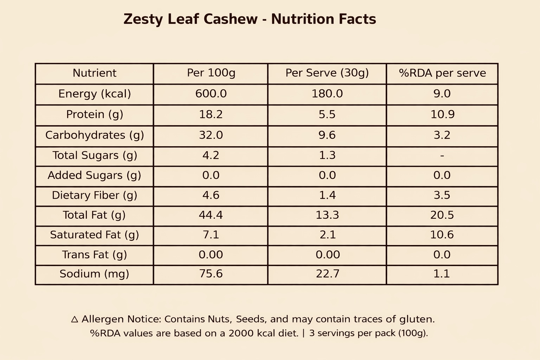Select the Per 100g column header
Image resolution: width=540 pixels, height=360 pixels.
pyautogui.click(x=211, y=73)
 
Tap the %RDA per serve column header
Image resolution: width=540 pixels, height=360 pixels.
pyautogui.click(x=442, y=73)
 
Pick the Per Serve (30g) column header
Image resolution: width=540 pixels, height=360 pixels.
pyautogui.click(x=327, y=73)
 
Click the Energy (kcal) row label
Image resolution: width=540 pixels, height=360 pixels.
pyautogui.click(x=95, y=94)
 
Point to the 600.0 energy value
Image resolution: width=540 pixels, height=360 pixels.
pyautogui.click(x=211, y=94)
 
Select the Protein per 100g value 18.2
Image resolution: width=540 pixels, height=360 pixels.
pyautogui.click(x=211, y=115)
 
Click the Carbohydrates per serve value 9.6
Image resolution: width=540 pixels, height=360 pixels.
pyautogui.click(x=327, y=135)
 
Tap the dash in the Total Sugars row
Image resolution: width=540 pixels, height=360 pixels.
pyautogui.click(x=442, y=155)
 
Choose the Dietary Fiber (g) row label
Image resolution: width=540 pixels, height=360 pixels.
pyautogui.click(x=95, y=195)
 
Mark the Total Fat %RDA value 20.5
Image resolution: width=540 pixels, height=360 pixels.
pyautogui.click(x=442, y=215)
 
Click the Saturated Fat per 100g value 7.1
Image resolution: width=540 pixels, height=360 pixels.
pyautogui.click(x=211, y=235)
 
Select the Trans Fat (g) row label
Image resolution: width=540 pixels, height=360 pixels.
pyautogui.click(x=95, y=255)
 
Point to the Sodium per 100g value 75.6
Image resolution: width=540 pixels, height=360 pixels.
pyautogui.click(x=211, y=274)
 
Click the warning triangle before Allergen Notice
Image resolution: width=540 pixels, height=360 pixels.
pyautogui.click(x=75, y=319)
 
